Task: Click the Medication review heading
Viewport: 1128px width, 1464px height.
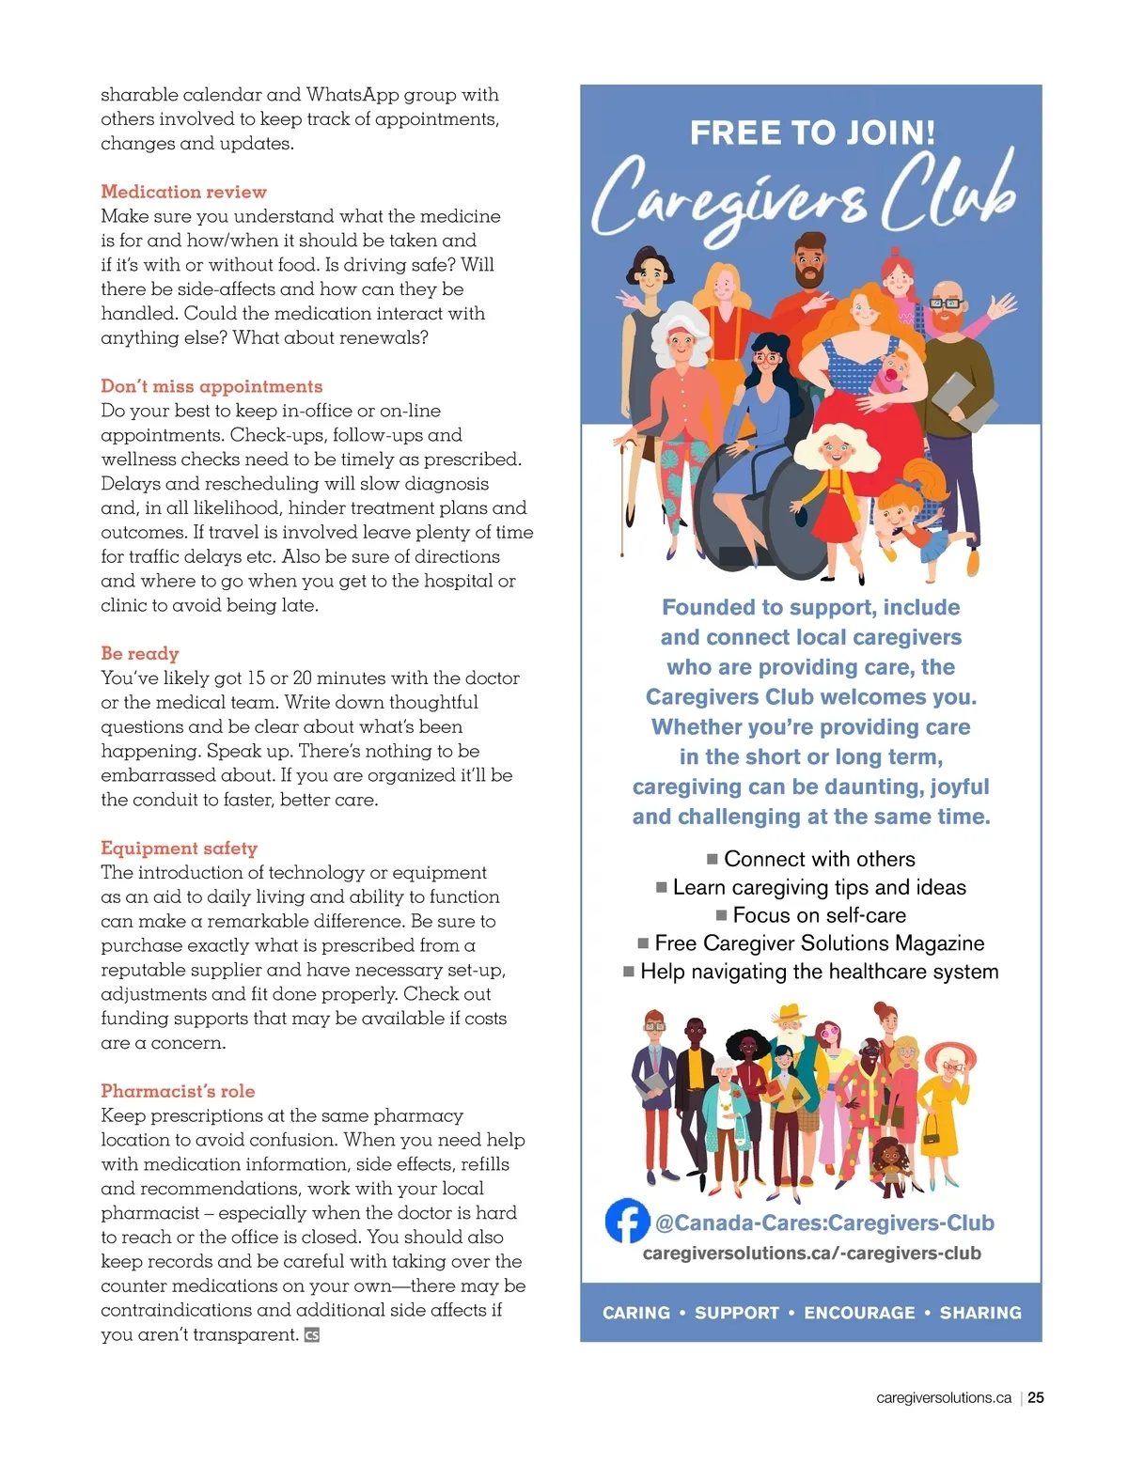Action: click(183, 192)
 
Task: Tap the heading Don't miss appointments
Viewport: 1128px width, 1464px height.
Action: click(211, 386)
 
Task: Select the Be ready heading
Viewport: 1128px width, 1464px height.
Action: click(140, 653)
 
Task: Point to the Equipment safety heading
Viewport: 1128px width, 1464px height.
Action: click(179, 848)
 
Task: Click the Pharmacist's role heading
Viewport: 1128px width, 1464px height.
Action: click(178, 1091)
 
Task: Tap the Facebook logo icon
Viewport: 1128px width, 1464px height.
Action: click(627, 1221)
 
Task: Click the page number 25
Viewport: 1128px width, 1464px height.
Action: click(1035, 1397)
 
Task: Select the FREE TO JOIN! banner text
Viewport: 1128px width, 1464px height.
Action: click(812, 132)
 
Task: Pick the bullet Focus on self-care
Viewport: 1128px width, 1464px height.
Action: click(819, 915)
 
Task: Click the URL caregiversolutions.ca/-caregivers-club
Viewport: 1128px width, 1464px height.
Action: click(811, 1254)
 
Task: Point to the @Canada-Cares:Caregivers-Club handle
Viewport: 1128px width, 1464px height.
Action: click(824, 1223)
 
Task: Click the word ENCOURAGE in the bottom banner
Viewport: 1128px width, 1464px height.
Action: click(859, 1313)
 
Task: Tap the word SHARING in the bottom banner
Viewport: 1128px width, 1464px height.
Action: click(980, 1313)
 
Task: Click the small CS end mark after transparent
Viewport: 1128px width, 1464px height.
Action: click(312, 1335)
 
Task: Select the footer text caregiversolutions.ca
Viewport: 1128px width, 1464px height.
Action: click(943, 1398)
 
